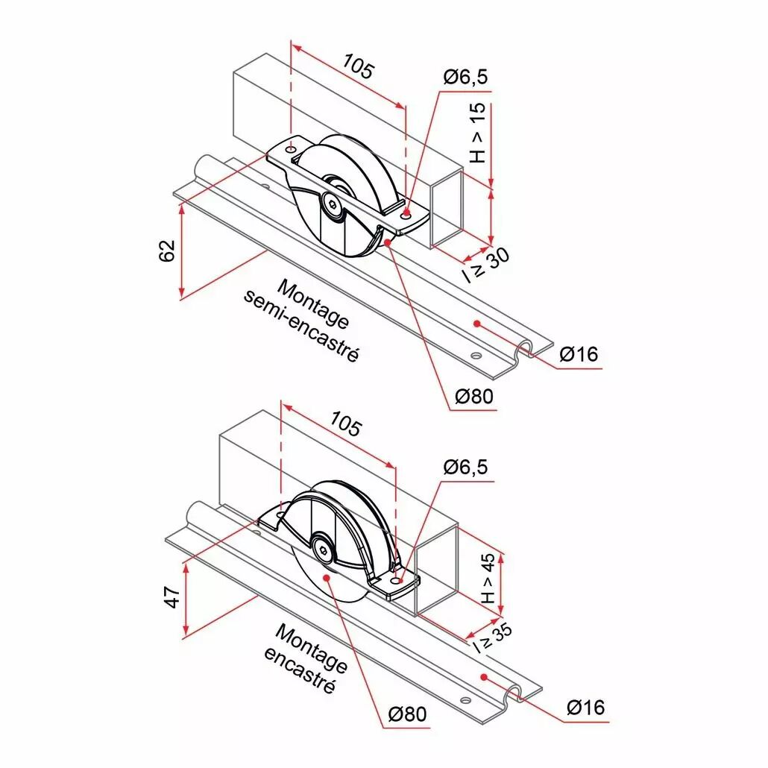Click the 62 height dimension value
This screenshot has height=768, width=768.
click(167, 251)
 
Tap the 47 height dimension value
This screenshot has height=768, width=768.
click(172, 597)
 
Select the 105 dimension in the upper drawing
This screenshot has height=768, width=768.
click(358, 66)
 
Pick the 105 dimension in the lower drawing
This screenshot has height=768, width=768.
click(346, 424)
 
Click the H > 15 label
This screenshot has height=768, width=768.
click(477, 133)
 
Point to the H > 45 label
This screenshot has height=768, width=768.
click(488, 579)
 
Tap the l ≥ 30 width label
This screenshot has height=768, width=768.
click(486, 265)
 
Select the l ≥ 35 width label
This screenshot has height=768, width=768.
click(493, 638)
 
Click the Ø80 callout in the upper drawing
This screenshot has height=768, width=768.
click(474, 396)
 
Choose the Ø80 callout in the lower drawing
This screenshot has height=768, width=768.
click(407, 714)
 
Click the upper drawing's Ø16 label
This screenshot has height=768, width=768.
click(579, 353)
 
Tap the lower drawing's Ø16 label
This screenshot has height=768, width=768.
click(586, 708)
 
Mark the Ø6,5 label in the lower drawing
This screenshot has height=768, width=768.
click(466, 467)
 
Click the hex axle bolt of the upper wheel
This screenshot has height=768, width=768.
click(332, 207)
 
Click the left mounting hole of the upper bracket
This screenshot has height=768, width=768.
click(291, 148)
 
